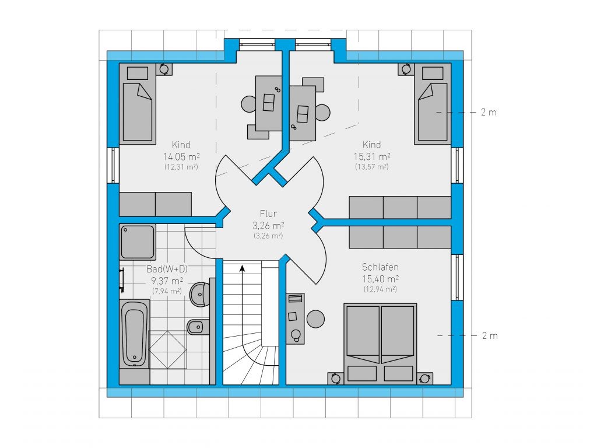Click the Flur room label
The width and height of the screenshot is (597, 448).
(268, 213)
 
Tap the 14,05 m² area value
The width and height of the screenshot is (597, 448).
(181, 156)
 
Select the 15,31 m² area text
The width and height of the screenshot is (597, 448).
(371, 156)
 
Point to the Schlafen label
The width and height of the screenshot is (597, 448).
(380, 267)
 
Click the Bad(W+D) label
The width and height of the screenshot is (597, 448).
(167, 269)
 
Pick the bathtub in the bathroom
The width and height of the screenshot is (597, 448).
(135, 334)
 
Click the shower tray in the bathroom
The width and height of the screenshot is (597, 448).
(138, 242)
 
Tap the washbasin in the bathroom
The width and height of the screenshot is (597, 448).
(199, 294)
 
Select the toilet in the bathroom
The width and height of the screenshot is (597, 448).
(198, 327)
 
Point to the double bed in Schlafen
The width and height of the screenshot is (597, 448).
(380, 342)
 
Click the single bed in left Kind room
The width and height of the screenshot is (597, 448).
(138, 104)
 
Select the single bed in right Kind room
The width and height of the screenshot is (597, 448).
(433, 104)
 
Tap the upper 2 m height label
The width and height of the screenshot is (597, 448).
(489, 113)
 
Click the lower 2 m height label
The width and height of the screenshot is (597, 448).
(490, 335)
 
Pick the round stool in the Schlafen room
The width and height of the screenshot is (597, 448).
(315, 318)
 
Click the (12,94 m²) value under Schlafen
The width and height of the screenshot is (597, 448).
(380, 289)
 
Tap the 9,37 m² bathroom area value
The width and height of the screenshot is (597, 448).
(167, 281)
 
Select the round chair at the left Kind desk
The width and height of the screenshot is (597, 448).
(248, 104)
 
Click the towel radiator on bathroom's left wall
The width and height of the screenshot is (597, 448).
(122, 281)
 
